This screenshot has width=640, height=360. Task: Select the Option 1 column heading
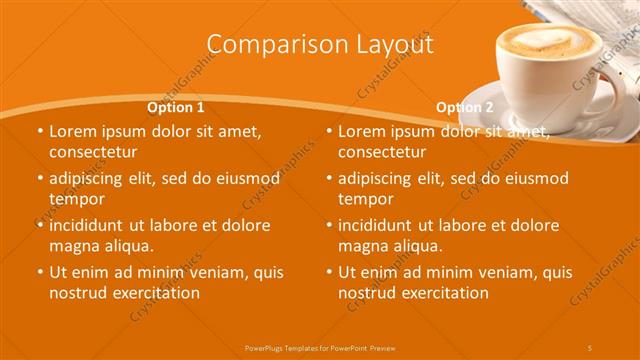(x=176, y=107)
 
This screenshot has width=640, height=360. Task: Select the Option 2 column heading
(x=465, y=107)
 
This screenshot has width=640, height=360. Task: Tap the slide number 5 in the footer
(x=590, y=347)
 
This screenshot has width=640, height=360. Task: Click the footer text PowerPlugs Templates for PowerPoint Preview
(x=320, y=347)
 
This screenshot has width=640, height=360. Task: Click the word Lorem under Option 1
(x=72, y=131)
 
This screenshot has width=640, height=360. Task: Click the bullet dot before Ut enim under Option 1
(x=39, y=272)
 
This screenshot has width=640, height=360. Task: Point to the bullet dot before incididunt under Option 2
(x=328, y=225)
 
